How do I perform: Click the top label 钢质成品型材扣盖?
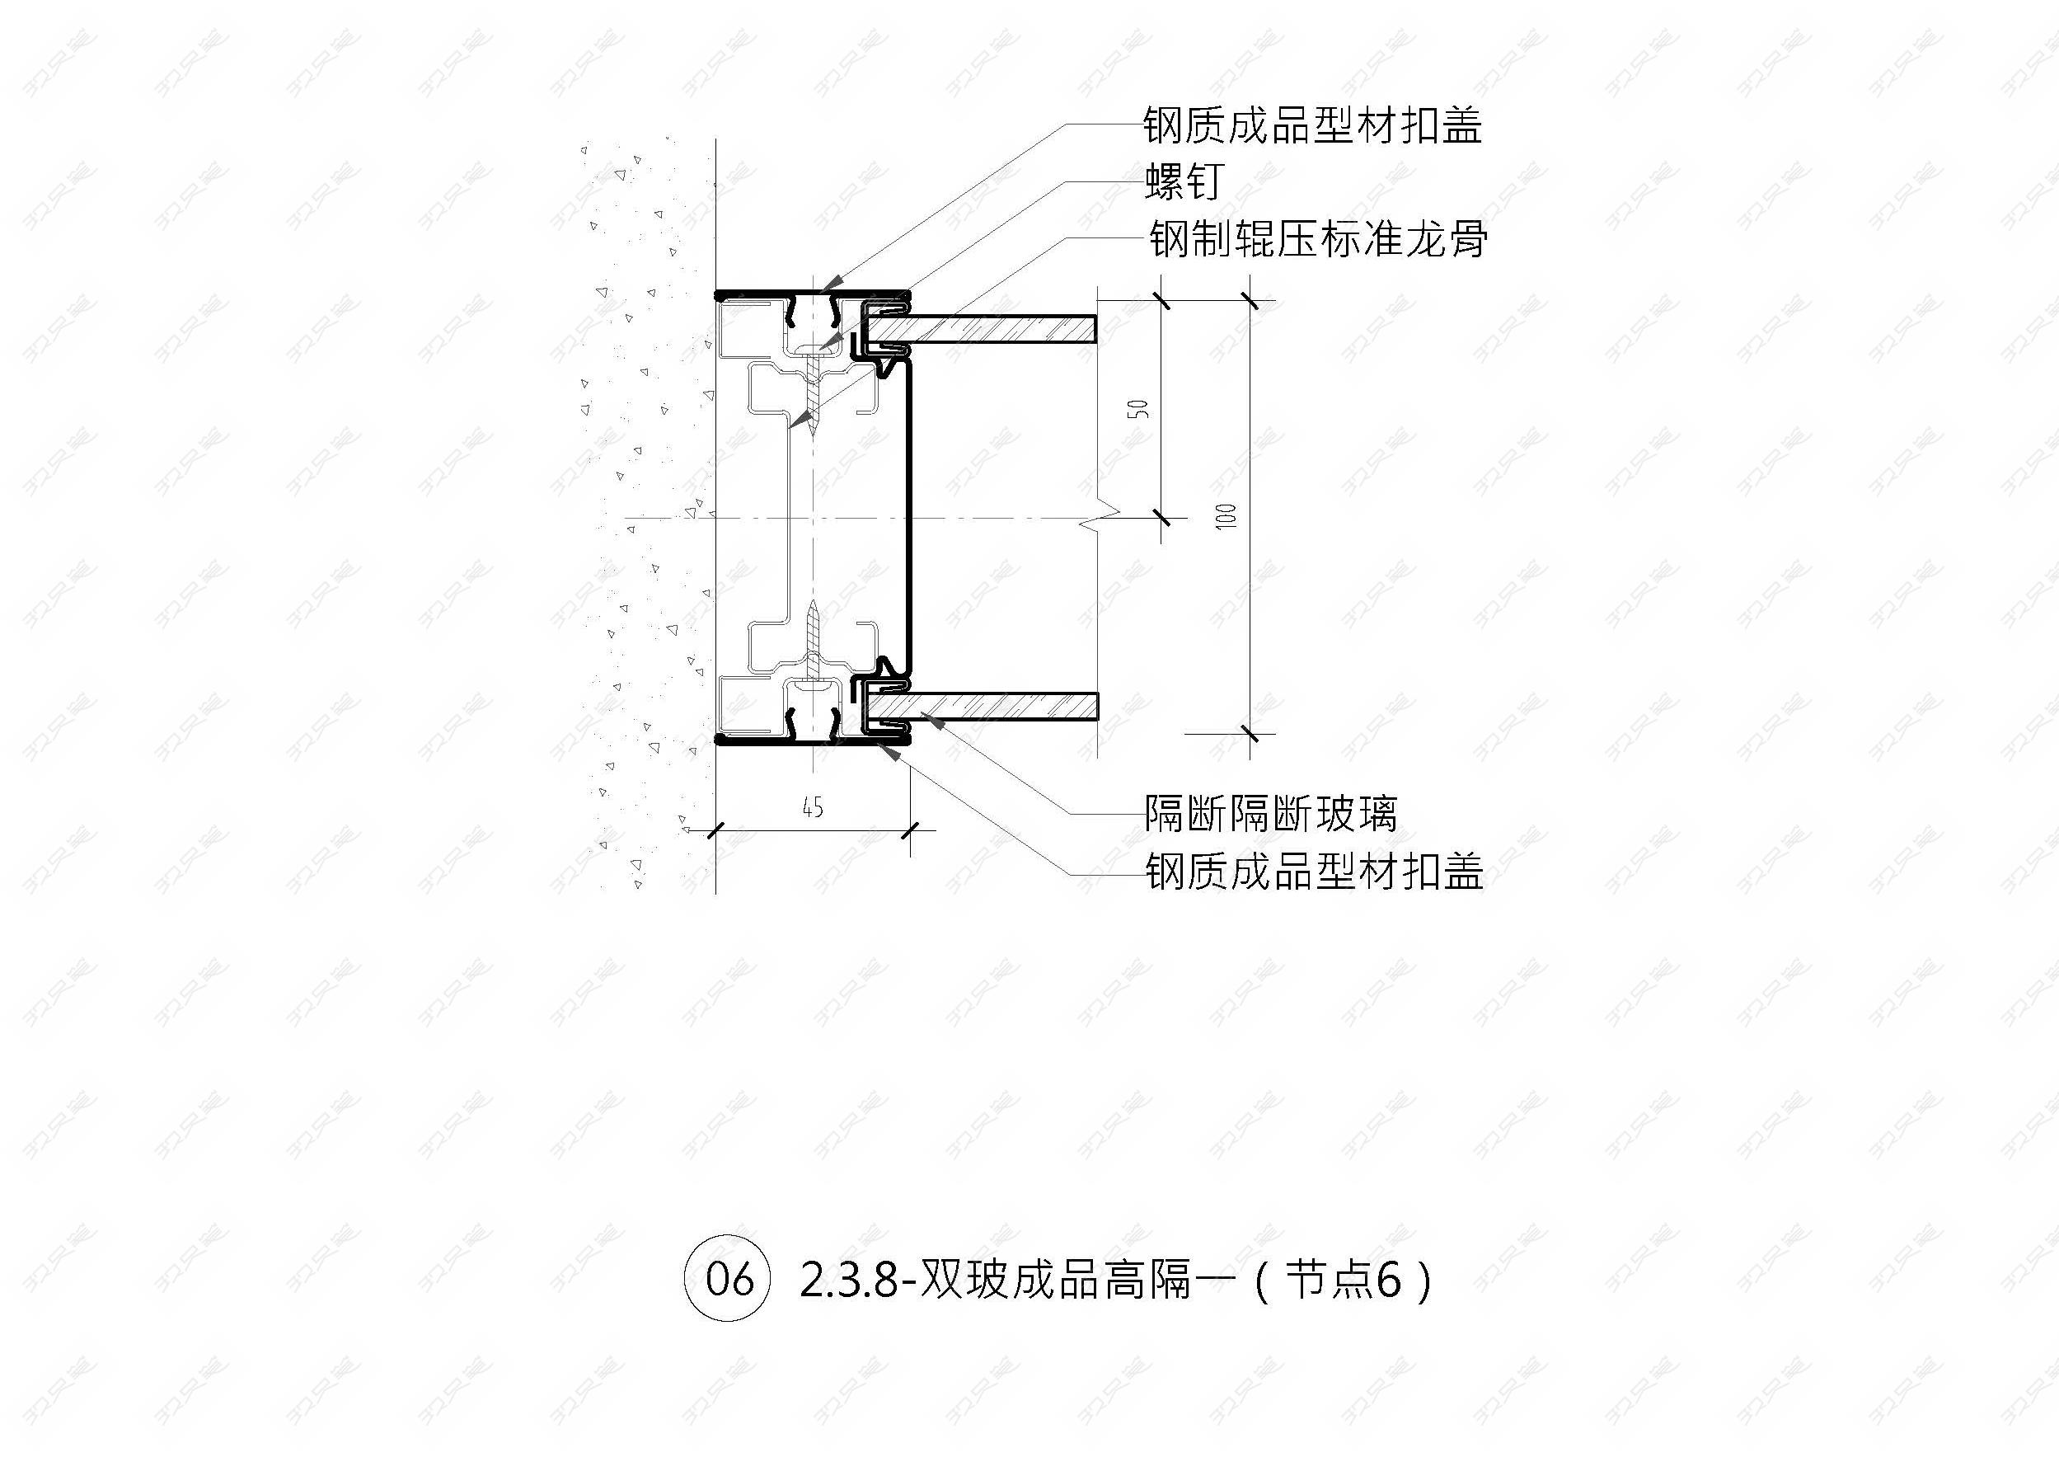pyautogui.click(x=1312, y=125)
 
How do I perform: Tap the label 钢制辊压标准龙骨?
pyautogui.click(x=1318, y=240)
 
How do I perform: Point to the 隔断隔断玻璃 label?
pyautogui.click(x=1271, y=815)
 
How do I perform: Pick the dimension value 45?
pyautogui.click(x=813, y=808)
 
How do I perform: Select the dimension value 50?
pyautogui.click(x=1141, y=409)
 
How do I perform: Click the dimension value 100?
pyautogui.click(x=1227, y=516)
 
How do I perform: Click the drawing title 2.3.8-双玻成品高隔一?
pyautogui.click(x=1008, y=1281)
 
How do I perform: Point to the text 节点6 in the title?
pyautogui.click(x=1343, y=1281)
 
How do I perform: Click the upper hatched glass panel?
pyautogui.click(x=984, y=328)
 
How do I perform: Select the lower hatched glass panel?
pyautogui.click(x=984, y=707)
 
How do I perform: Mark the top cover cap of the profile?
pyautogui.click(x=813, y=294)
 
